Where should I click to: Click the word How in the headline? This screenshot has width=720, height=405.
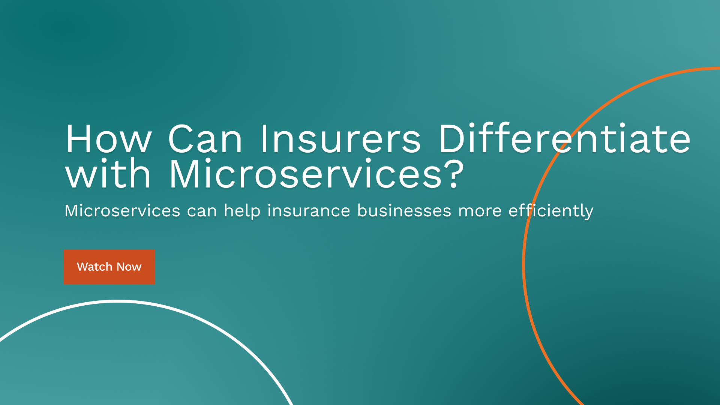click(109, 139)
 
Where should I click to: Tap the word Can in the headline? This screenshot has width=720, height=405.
click(205, 139)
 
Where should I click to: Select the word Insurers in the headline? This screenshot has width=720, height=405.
click(340, 139)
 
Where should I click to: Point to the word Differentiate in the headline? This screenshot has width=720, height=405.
click(564, 139)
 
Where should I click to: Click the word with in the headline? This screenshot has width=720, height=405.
click(108, 174)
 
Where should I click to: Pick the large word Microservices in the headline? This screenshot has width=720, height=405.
click(306, 174)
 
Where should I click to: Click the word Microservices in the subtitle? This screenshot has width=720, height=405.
click(122, 211)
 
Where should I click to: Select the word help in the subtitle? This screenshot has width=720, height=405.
click(242, 211)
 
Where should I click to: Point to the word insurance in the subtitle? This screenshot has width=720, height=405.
click(309, 211)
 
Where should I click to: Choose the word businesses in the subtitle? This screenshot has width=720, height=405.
click(404, 211)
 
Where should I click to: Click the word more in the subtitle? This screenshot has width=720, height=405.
click(480, 211)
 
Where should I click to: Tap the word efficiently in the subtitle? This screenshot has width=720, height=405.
click(550, 211)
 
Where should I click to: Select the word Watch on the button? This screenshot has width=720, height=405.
click(94, 267)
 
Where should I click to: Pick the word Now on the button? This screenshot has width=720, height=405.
click(129, 267)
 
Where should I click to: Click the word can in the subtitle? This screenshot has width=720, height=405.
click(202, 211)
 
